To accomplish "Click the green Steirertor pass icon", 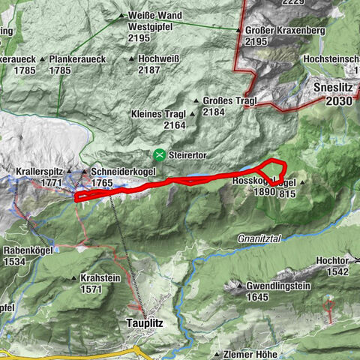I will coord(159,155).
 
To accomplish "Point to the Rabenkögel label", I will coord(26,250).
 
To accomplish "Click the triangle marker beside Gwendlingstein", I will coord(239,286).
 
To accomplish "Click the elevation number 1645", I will coord(256,297).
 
